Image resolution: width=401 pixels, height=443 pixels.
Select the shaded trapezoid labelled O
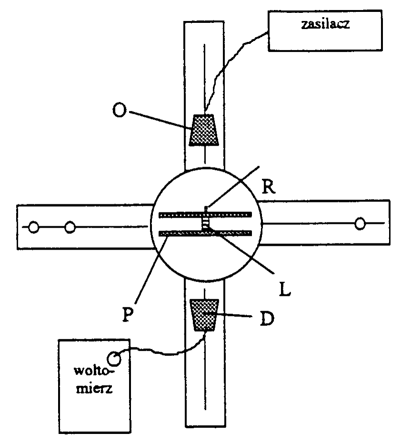point(204,130)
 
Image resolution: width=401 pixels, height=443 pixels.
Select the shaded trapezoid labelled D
point(204,314)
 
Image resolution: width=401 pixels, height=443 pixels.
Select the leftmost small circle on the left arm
point(33,227)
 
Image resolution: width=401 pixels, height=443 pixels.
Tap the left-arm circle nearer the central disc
point(70,227)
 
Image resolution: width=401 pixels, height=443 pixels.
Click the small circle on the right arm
point(361,223)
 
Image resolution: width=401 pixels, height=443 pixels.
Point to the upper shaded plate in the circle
point(181,215)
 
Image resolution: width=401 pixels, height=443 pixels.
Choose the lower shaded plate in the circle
point(181,233)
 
